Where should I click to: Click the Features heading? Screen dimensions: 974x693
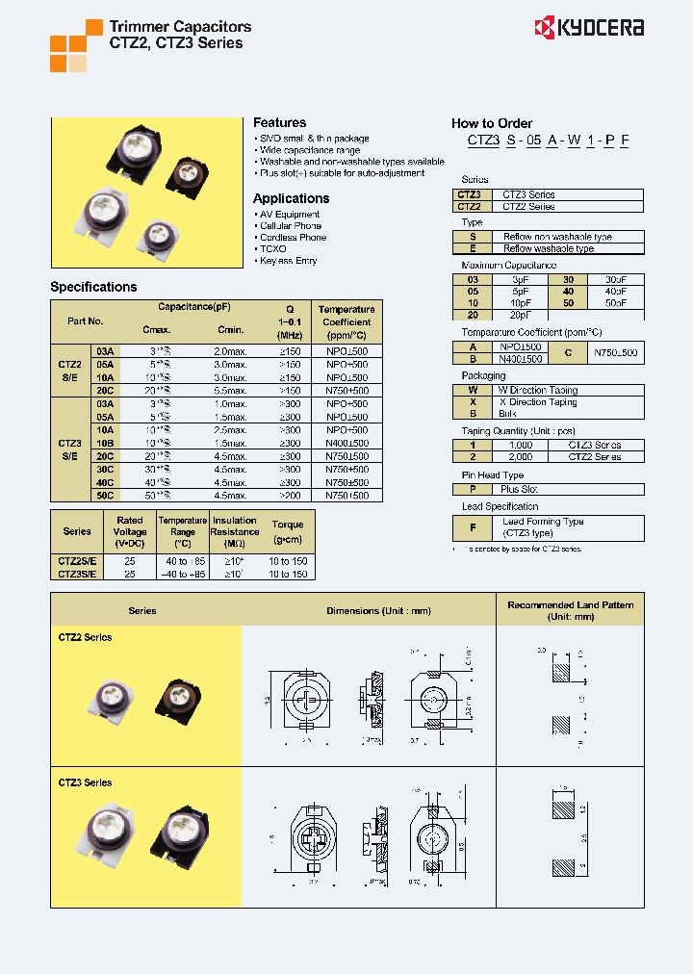coord(279,123)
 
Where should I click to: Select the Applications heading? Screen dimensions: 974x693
coord(291,198)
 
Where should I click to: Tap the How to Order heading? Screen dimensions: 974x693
coord(491,123)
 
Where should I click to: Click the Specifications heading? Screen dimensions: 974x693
coord(93,287)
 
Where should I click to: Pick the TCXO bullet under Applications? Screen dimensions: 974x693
coord(272,249)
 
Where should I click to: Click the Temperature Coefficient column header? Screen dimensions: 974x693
coord(346,321)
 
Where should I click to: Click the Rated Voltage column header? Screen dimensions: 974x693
coord(130,531)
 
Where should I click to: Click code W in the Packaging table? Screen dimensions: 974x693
coord(473,390)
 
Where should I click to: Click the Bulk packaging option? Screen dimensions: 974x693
coord(507,413)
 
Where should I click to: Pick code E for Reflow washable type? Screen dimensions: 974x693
coord(473,248)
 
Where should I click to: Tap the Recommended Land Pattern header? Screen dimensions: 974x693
coord(570,610)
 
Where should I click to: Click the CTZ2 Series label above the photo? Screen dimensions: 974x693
coord(85,637)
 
